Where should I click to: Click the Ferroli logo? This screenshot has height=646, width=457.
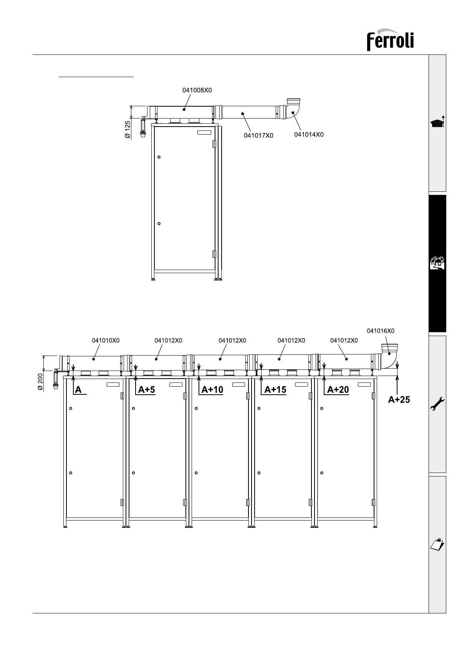pyautogui.click(x=390, y=40)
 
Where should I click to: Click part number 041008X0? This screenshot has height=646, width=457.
pyautogui.click(x=197, y=90)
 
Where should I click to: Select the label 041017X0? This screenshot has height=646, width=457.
pyautogui.click(x=258, y=135)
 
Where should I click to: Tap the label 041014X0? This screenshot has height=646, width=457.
pyautogui.click(x=309, y=134)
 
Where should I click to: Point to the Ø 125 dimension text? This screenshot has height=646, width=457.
pyautogui.click(x=127, y=130)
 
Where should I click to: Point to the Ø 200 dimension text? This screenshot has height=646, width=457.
pyautogui.click(x=40, y=382)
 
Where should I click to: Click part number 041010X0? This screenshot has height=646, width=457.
pyautogui.click(x=106, y=341)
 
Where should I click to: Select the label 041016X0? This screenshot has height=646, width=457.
pyautogui.click(x=381, y=331)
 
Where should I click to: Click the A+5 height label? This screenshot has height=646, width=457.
pyautogui.click(x=146, y=390)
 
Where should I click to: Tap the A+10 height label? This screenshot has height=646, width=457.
pyautogui.click(x=212, y=390)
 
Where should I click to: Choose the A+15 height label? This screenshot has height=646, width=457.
pyautogui.click(x=275, y=390)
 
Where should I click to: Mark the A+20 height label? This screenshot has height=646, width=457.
pyautogui.click(x=338, y=390)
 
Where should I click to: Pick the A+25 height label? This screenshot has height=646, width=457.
pyautogui.click(x=399, y=399)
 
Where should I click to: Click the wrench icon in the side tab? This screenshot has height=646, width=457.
pyautogui.click(x=437, y=404)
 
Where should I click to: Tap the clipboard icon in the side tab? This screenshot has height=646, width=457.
pyautogui.click(x=437, y=544)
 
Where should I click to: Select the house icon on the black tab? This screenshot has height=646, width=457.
pyautogui.click(x=437, y=263)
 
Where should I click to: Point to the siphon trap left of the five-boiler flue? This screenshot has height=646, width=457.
pyautogui.click(x=56, y=379)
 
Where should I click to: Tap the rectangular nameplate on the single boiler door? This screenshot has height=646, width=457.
pyautogui.click(x=204, y=133)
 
